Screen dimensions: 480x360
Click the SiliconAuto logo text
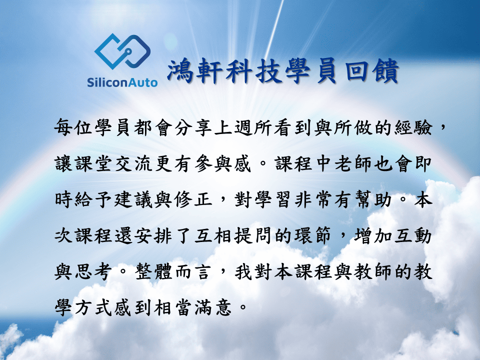coord(122,82)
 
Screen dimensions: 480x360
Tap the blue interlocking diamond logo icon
coord(122,51)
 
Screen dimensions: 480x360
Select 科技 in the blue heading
coord(254,71)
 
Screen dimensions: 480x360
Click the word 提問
coord(253,235)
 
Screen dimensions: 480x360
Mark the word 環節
coord(313,235)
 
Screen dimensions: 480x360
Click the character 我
coord(244,271)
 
